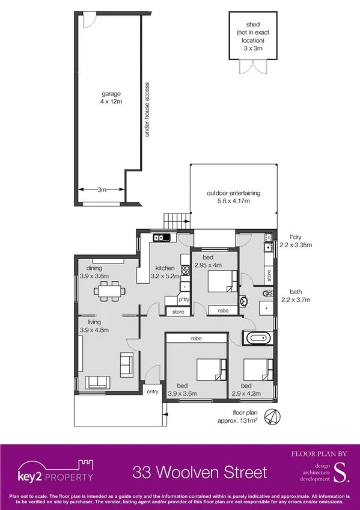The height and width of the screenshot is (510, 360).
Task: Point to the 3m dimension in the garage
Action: [102, 189]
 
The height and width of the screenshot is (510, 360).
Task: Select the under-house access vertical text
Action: [147, 109]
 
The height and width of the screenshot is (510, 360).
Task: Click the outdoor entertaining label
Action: [233, 197]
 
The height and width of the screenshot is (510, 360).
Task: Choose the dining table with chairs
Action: [109, 292]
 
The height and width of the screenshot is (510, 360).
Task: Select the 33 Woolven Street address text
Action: [200, 472]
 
